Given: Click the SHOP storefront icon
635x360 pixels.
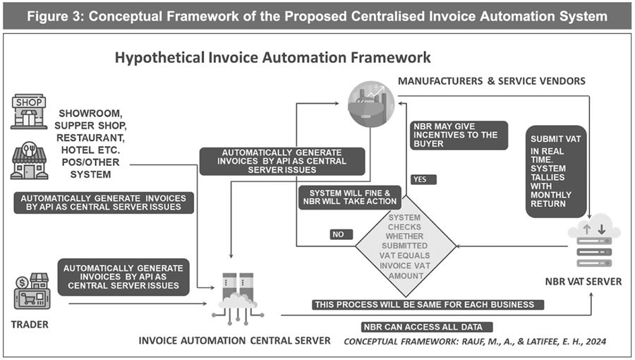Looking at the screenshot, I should [x=28, y=112].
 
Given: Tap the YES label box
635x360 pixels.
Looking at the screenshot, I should [x=423, y=179].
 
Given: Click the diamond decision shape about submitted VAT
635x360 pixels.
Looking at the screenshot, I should [x=404, y=248].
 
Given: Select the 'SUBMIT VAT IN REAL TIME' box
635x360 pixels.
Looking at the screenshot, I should [x=557, y=170].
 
